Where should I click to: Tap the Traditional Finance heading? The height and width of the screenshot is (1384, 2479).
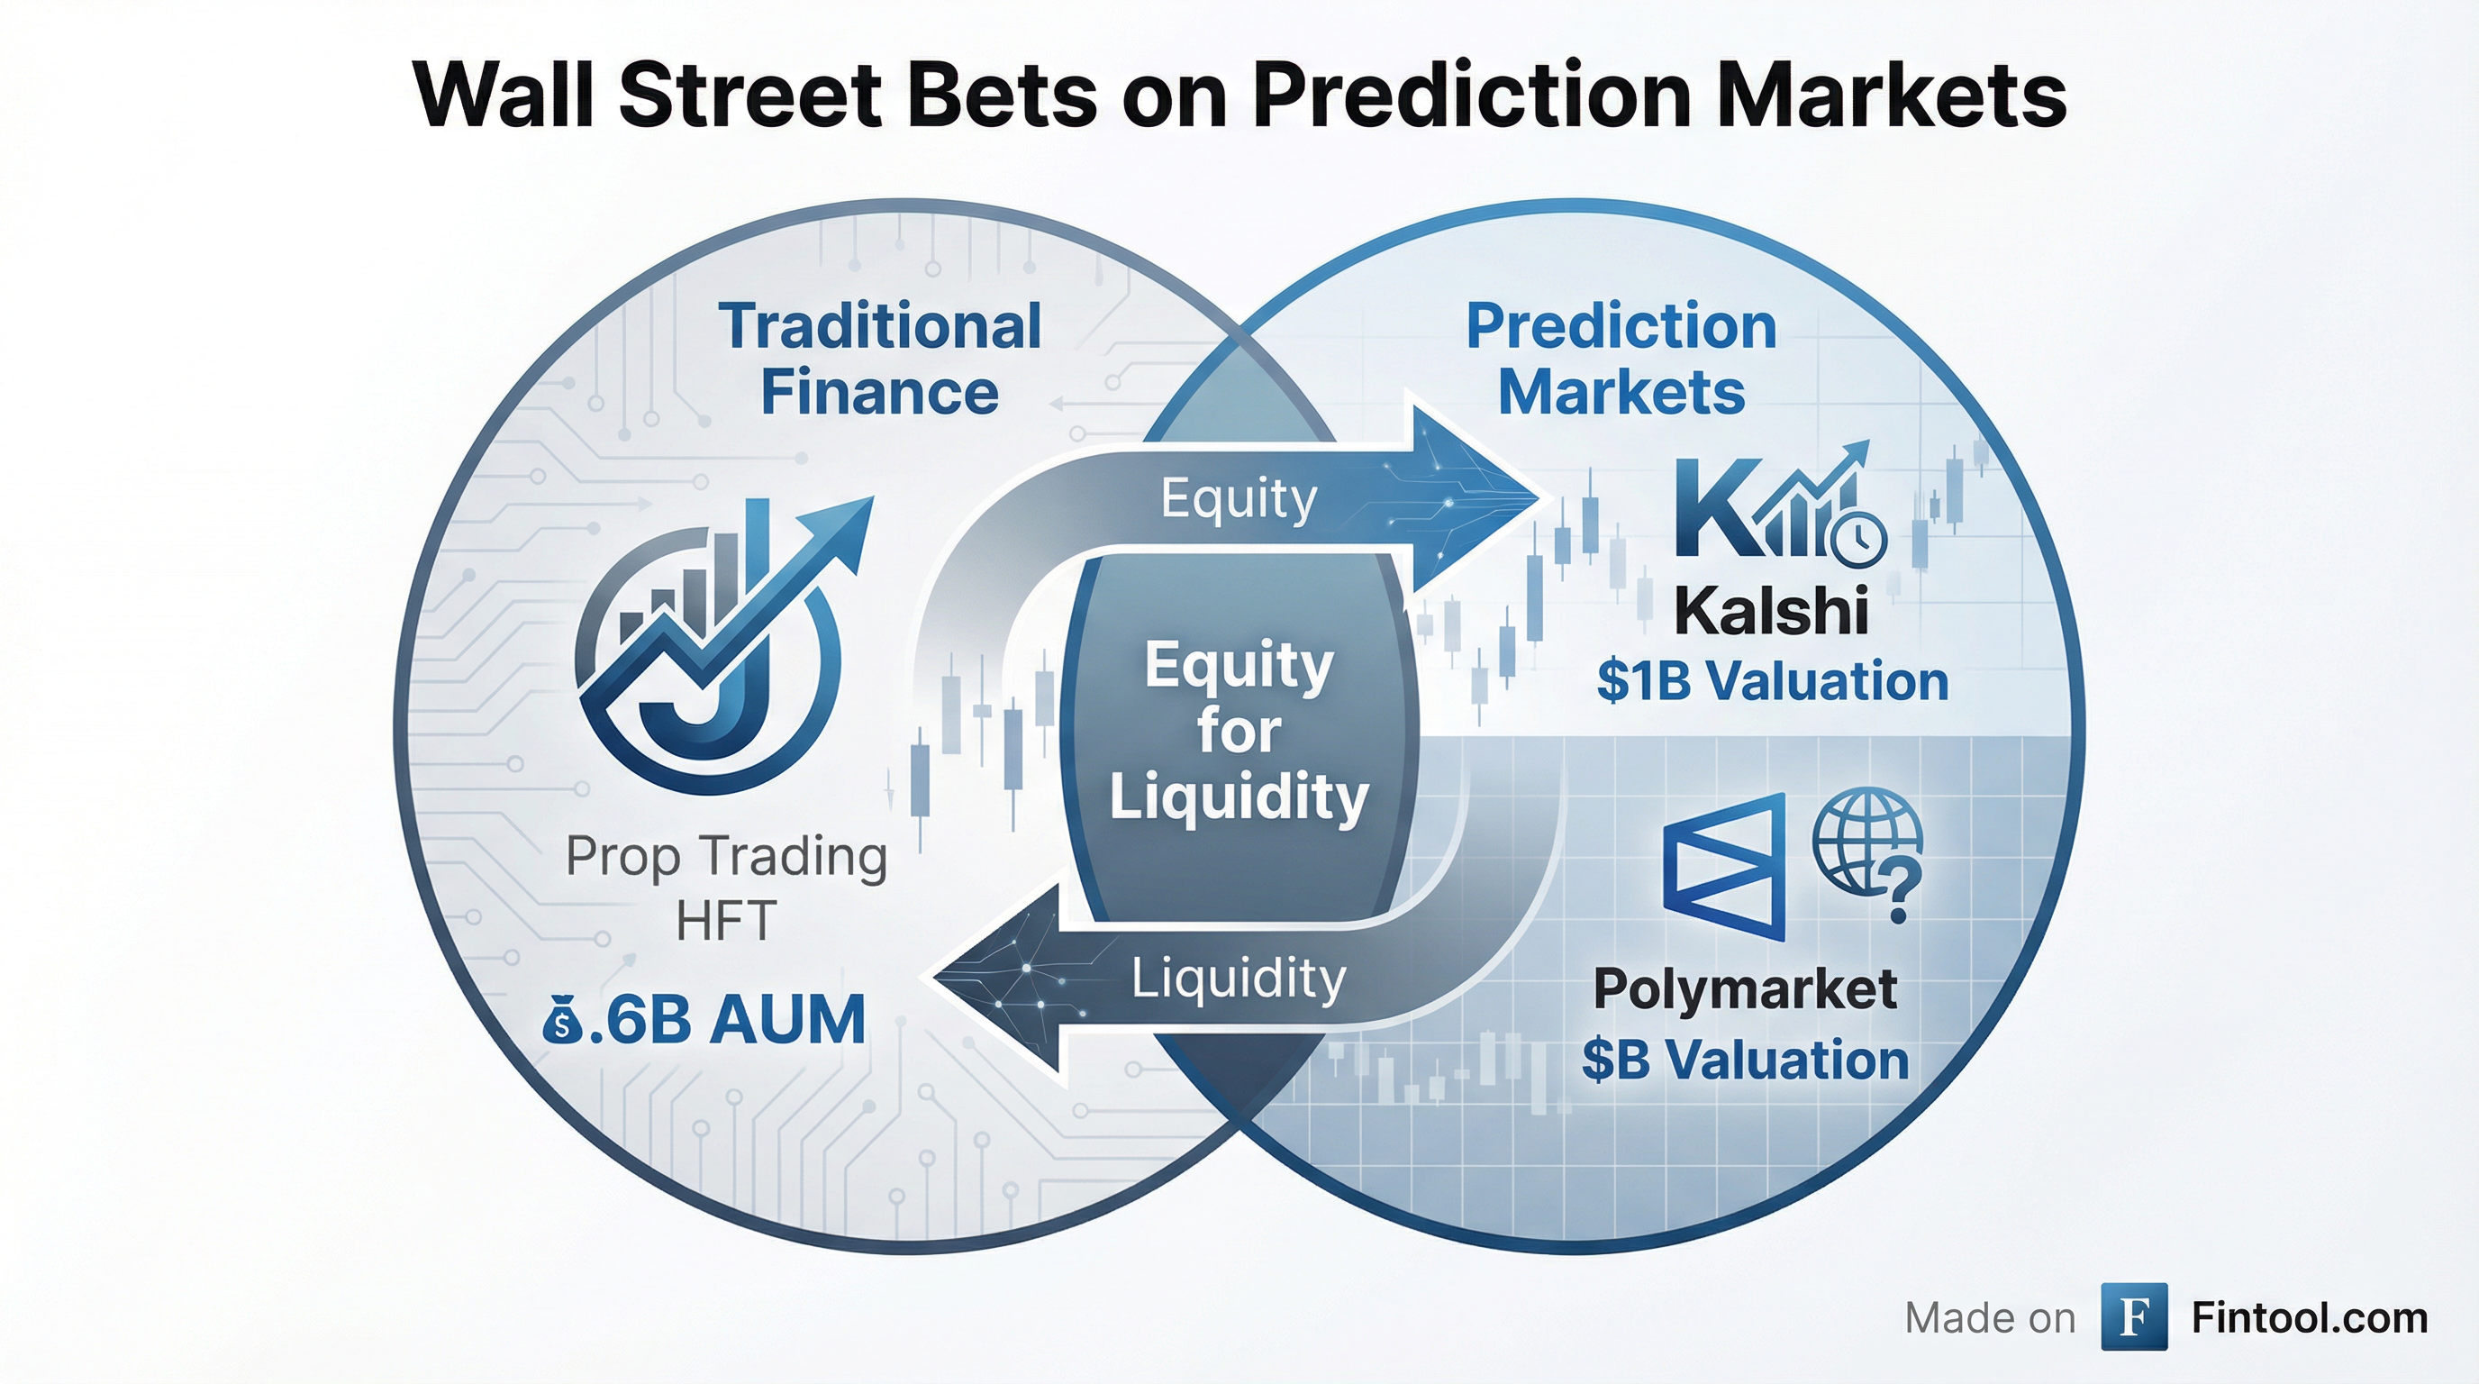click(x=879, y=359)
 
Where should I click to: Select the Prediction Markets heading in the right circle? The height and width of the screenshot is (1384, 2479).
click(x=1621, y=359)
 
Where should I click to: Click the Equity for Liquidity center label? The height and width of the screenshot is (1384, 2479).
click(x=1239, y=732)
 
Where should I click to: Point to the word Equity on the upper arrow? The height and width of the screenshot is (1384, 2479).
click(x=1239, y=499)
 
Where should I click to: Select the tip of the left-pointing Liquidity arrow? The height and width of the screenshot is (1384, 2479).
click(x=933, y=979)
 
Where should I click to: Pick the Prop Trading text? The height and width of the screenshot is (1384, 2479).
click(x=726, y=857)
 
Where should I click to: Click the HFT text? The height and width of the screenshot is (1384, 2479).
click(x=726, y=922)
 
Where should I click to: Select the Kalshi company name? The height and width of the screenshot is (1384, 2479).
click(x=1772, y=610)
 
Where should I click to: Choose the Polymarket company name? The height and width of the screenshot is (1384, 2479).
click(x=1745, y=988)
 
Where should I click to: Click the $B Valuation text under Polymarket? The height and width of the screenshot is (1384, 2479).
click(x=1745, y=1060)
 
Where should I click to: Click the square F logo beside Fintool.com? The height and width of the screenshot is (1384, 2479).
click(x=2135, y=1316)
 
